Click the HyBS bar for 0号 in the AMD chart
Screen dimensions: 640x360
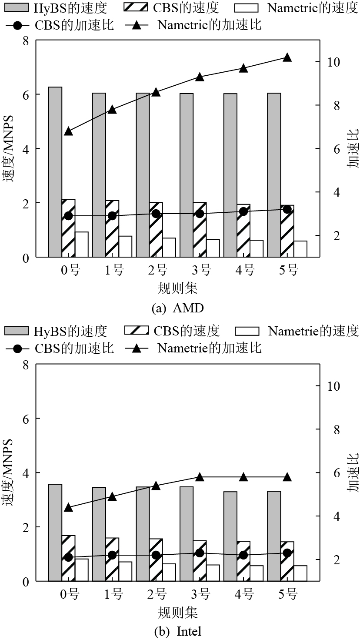coord(55,172)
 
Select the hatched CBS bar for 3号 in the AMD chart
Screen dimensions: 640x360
coord(200,230)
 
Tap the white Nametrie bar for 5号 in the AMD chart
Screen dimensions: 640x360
coord(300,249)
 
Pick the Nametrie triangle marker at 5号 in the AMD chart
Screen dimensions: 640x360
coord(287,57)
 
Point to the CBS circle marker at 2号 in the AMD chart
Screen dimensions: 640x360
coord(156,214)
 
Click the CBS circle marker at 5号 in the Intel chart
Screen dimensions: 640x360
coord(287,553)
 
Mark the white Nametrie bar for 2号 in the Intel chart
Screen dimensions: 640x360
coord(169,572)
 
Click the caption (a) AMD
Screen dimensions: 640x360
coord(177,308)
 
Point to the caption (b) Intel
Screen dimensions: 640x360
coord(178,631)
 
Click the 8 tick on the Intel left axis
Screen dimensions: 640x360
coord(25,365)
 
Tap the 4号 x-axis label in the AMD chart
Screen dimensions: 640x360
coord(244,270)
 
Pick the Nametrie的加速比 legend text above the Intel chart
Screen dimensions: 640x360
coord(210,348)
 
